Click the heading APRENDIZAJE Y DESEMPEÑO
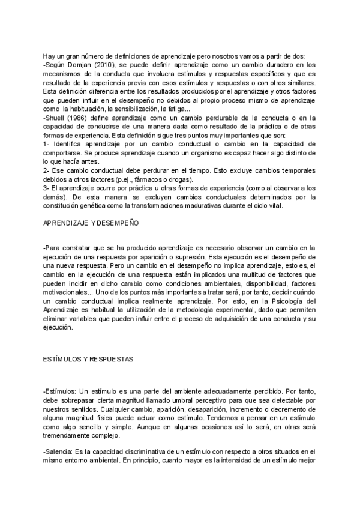point(91,223)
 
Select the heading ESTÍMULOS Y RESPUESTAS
point(88,358)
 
